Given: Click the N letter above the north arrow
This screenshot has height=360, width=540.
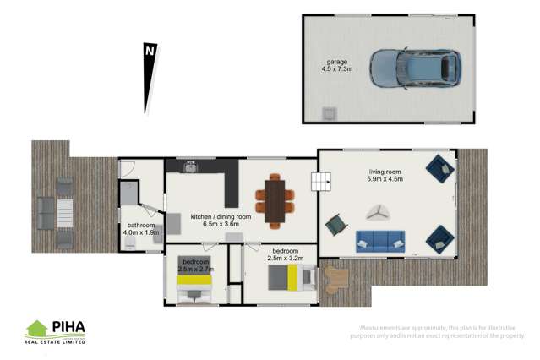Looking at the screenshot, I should click(149, 51).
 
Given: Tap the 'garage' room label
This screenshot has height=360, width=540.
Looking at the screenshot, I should click(338, 61).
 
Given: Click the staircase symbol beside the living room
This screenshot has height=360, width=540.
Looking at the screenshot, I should click(320, 181).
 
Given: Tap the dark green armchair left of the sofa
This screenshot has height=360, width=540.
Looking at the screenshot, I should click(337, 224).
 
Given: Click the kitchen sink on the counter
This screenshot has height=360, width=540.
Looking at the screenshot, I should click(192, 167).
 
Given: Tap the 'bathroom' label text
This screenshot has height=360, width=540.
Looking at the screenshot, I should click(141, 226).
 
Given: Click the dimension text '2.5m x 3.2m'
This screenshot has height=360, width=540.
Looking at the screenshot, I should click(286, 259).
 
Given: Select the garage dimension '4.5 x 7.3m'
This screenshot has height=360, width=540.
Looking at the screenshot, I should click(338, 69).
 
